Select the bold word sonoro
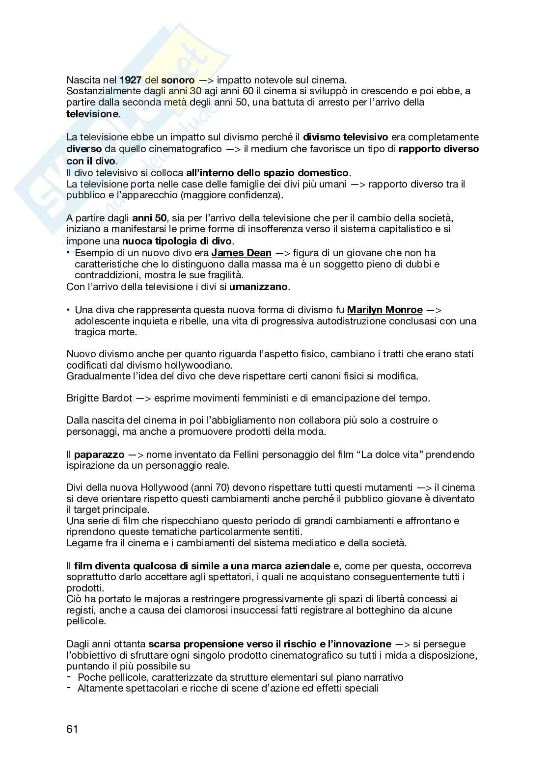tap(178, 80)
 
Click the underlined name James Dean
tap(241, 253)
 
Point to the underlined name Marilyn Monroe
tap(384, 310)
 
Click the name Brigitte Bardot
tap(99, 398)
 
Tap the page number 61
tap(72, 729)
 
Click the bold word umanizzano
tap(259, 287)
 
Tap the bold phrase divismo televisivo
tap(345, 137)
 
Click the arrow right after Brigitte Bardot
tap(143, 398)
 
